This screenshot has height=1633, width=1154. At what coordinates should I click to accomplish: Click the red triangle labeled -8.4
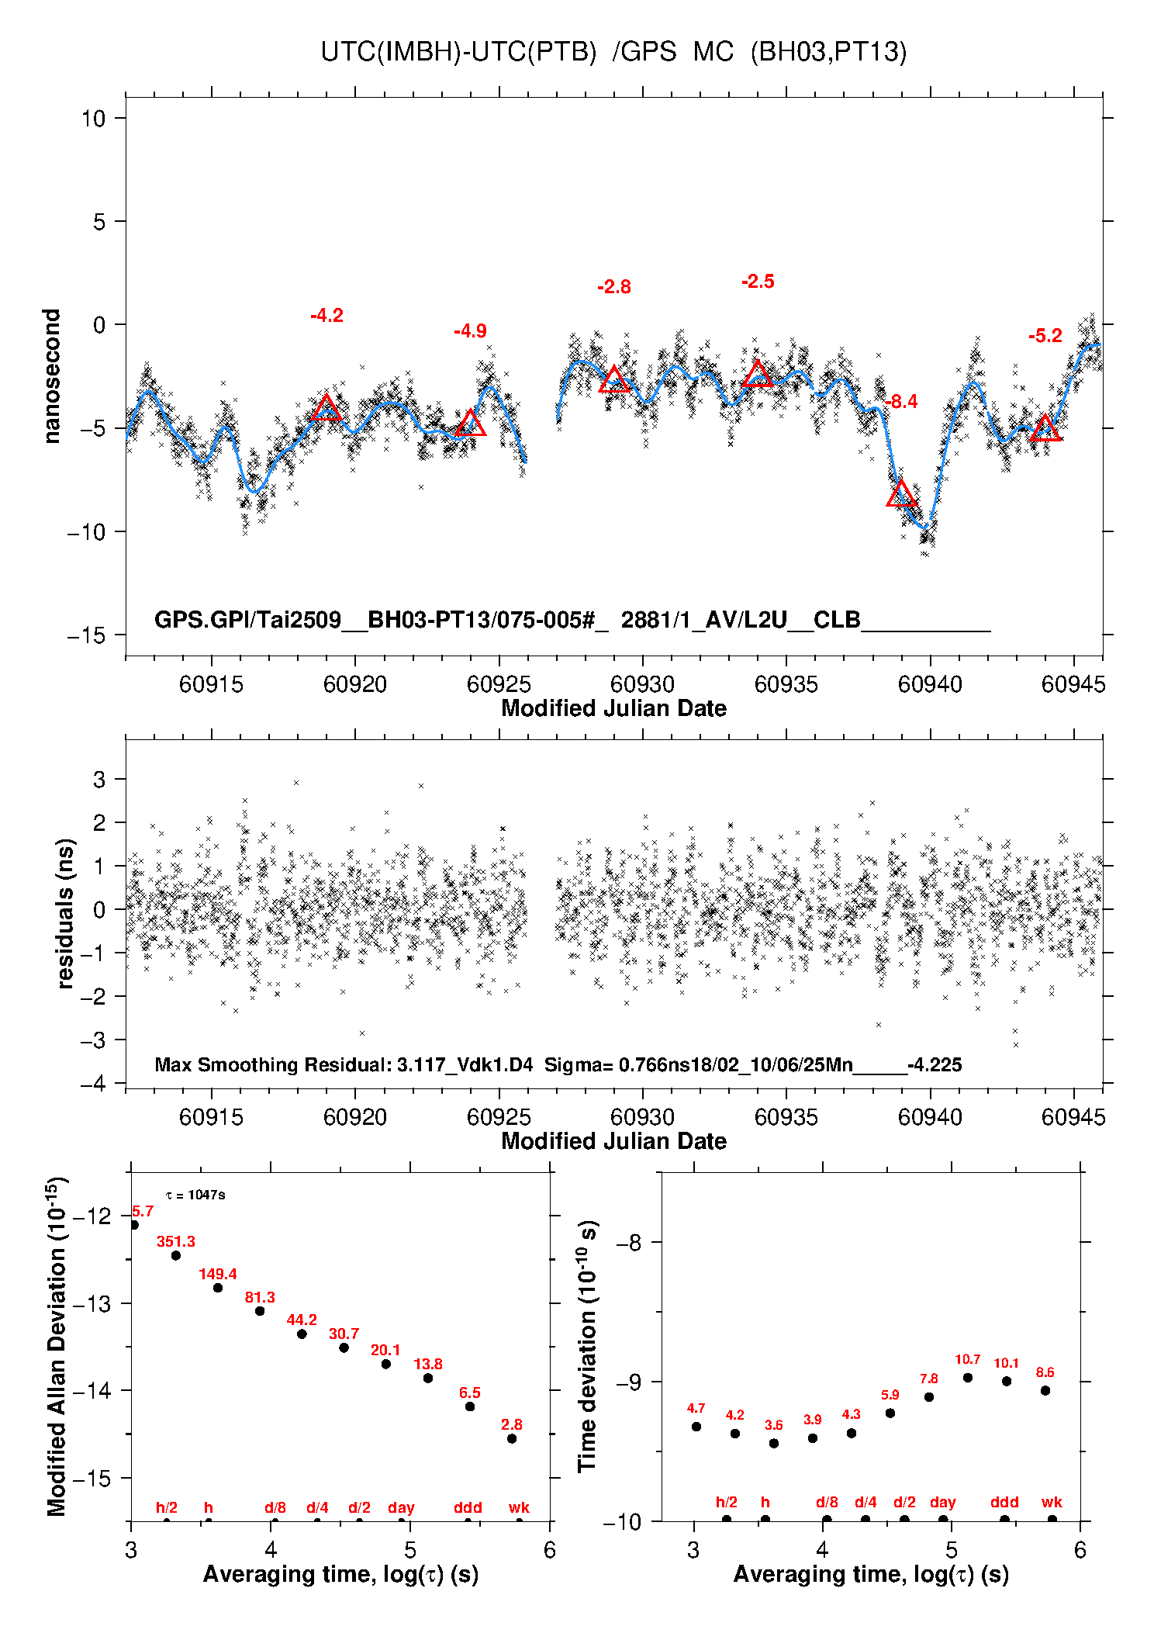(901, 494)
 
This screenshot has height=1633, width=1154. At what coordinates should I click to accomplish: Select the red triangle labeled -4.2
(327, 408)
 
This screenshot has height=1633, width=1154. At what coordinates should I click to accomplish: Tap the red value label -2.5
(758, 282)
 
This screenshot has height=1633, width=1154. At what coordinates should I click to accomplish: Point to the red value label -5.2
(1045, 336)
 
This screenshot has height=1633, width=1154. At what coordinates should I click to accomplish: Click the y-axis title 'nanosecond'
(52, 376)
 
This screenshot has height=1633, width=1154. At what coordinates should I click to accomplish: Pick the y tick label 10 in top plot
(93, 119)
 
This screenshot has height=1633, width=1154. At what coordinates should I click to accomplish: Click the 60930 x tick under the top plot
(642, 684)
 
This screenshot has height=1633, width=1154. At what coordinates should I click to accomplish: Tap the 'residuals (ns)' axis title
(66, 913)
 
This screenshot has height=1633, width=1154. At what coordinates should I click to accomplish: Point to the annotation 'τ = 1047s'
(195, 1195)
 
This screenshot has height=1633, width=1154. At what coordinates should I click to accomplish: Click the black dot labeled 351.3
(176, 1255)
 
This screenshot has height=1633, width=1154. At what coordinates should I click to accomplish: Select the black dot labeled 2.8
(512, 1439)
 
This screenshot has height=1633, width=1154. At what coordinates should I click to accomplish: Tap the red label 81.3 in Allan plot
(260, 1297)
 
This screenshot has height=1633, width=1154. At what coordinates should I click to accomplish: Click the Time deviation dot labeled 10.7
(968, 1378)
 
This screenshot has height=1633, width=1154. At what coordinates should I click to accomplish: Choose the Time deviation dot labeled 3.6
(774, 1444)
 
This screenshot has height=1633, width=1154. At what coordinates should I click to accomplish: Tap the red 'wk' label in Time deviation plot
(1052, 1503)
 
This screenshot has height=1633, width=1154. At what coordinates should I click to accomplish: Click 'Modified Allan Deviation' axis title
(57, 1346)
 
